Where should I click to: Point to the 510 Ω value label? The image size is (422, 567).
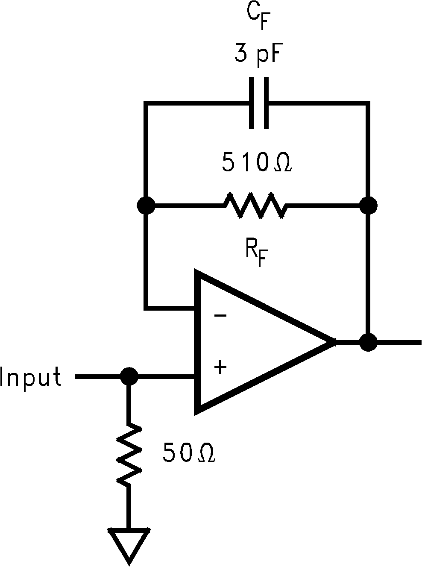(x=256, y=163)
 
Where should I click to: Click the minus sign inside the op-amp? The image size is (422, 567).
(x=220, y=316)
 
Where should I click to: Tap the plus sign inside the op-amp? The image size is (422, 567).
(x=220, y=367)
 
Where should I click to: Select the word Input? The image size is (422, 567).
(x=31, y=378)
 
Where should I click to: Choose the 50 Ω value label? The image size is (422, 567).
(x=188, y=454)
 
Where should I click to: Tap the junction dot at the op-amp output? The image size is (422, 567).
(x=368, y=342)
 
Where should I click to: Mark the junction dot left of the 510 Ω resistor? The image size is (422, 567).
(x=146, y=206)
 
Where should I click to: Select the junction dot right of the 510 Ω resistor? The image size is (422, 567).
(x=368, y=206)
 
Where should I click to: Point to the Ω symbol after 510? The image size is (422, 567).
(x=282, y=164)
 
